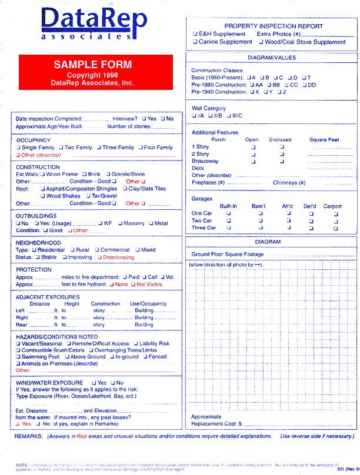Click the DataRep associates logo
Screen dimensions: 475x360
pyautogui.click(x=94, y=24)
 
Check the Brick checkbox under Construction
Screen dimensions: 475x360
pyautogui.click(x=84, y=175)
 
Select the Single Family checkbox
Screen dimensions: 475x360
pyautogui.click(x=18, y=148)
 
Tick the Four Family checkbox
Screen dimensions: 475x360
pyautogui.click(x=141, y=148)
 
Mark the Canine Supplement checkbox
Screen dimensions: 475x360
pyautogui.click(x=195, y=42)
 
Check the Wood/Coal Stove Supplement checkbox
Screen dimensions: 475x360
pyautogui.click(x=261, y=42)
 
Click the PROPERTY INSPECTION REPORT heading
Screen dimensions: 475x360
pyautogui.click(x=274, y=26)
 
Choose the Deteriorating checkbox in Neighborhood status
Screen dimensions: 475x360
pyautogui.click(x=100, y=257)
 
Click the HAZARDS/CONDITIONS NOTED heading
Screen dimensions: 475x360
pyautogui.click(x=53, y=337)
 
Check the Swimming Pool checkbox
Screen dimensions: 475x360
pyautogui.click(x=18, y=357)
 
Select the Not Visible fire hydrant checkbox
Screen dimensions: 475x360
pyautogui.click(x=133, y=285)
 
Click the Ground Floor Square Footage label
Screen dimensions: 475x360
pyautogui.click(x=228, y=255)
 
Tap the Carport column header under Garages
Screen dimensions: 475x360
pyautogui.click(x=332, y=206)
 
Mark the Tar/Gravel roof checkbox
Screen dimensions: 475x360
pyautogui.click(x=87, y=196)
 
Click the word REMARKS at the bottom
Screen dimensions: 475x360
pyautogui.click(x=28, y=437)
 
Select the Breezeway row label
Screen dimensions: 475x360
pyautogui.click(x=205, y=161)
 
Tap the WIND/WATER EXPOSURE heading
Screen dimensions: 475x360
pyautogui.click(x=49, y=383)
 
